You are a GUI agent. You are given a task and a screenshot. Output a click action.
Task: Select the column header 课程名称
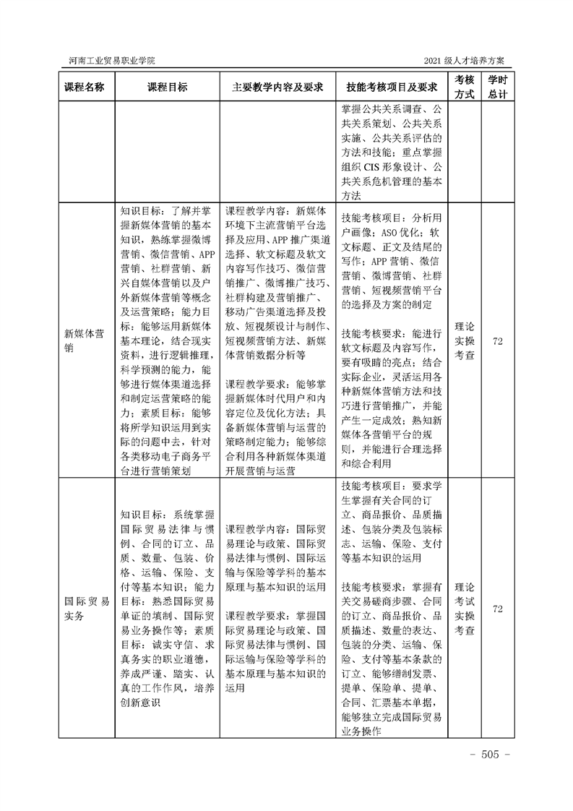(x=85, y=87)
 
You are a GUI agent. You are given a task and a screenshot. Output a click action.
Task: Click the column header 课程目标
(x=167, y=87)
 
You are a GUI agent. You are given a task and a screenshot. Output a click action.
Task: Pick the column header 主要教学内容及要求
(x=277, y=87)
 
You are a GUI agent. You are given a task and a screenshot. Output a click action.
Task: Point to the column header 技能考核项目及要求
(x=392, y=87)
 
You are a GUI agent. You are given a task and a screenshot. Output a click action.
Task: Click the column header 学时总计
(x=497, y=87)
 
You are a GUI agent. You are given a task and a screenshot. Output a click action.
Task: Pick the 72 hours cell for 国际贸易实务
(x=497, y=609)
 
